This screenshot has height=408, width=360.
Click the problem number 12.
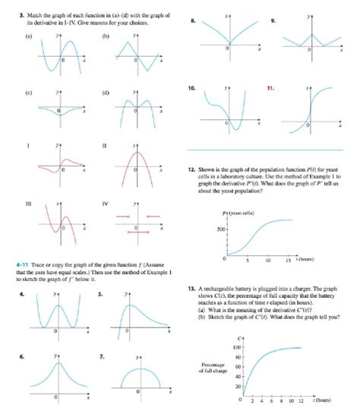pos(190,170)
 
